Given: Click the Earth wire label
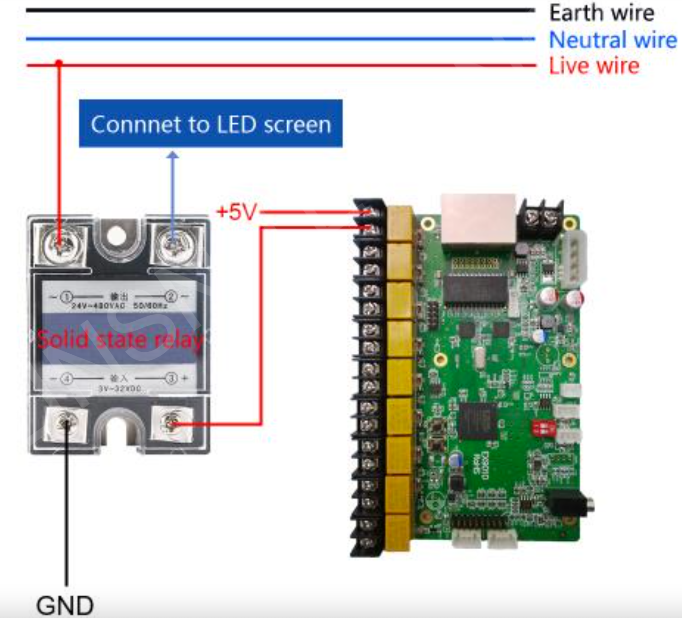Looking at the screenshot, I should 601,13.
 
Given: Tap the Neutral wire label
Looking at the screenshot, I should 612,40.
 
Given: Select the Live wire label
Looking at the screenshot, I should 594,65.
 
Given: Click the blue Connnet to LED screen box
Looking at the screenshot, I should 211,124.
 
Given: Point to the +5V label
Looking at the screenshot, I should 236,212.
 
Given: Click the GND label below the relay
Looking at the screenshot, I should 65,605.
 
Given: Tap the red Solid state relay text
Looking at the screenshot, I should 120,339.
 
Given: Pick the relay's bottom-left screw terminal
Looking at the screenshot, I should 66,424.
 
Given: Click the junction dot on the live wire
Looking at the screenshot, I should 59,63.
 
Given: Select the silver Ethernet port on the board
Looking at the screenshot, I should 478,219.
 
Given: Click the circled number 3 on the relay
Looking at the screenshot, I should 171,378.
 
